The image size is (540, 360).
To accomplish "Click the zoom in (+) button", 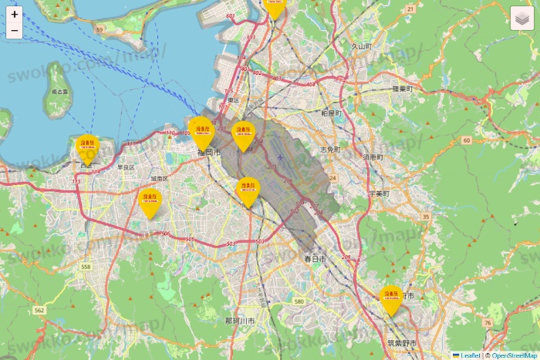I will coord(15,14).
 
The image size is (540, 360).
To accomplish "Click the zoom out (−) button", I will coord(15,31).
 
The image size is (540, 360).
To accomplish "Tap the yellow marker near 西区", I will coord(87,147).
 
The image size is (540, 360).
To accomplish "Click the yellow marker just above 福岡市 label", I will coord(201,132).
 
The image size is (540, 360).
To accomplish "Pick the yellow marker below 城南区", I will coord(150,202).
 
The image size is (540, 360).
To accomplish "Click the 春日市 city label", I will coord(315,258).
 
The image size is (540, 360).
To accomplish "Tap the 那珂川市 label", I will coord(240,320).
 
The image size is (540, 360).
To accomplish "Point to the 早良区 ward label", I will coord(125,167).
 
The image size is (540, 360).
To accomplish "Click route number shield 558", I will coord(85,267).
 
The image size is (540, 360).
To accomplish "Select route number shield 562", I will coord(39,310).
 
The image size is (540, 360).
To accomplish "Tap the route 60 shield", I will coord(467,140).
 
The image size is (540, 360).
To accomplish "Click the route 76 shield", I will coord(488,322).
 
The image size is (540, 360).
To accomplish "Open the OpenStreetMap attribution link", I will coord(514,355).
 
